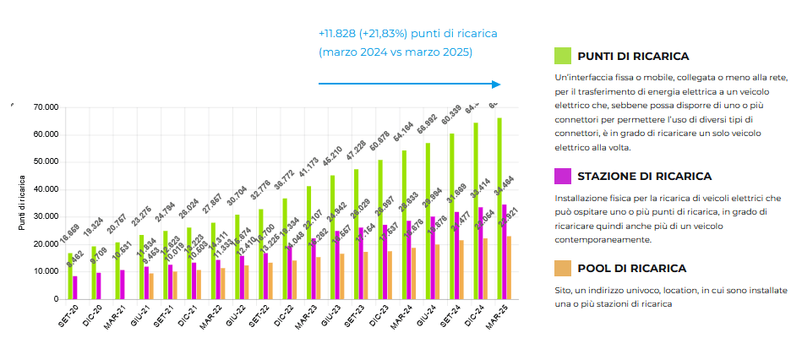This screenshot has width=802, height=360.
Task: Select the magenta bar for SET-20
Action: click(75, 287)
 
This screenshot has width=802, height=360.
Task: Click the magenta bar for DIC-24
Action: click(481, 253)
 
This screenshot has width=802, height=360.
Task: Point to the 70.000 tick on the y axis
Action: click(46, 107)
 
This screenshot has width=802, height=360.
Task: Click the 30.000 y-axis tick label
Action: click(46, 216)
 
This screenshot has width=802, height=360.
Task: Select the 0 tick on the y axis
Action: click(55, 299)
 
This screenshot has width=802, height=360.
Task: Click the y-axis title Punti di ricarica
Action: click(22, 203)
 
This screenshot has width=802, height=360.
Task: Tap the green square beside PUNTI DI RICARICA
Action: click(562, 56)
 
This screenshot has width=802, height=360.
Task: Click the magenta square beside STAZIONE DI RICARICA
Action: click(562, 176)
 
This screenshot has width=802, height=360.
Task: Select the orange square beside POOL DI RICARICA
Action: click(562, 268)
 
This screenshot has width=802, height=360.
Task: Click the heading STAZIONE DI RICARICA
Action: click(645, 176)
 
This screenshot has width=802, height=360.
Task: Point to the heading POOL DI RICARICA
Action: click(632, 268)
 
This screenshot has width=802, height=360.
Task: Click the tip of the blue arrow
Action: click(500, 84)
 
